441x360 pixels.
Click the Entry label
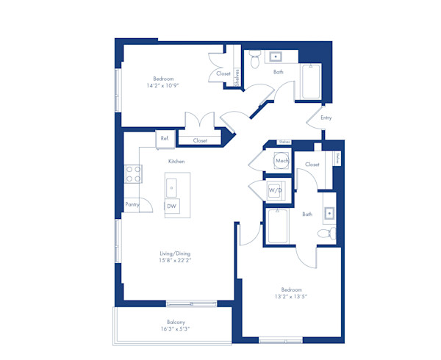[x=326, y=118]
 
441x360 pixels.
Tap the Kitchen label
[x=176, y=161]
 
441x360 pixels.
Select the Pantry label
[x=132, y=204]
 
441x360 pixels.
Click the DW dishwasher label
[x=171, y=206]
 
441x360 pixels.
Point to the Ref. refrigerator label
[x=165, y=138]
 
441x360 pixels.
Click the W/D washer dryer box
[x=276, y=189]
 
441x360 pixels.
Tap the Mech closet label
[x=282, y=160]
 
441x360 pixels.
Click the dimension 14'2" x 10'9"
[x=163, y=85]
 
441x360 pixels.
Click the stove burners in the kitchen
[x=133, y=173]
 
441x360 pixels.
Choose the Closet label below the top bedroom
[x=200, y=140]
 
